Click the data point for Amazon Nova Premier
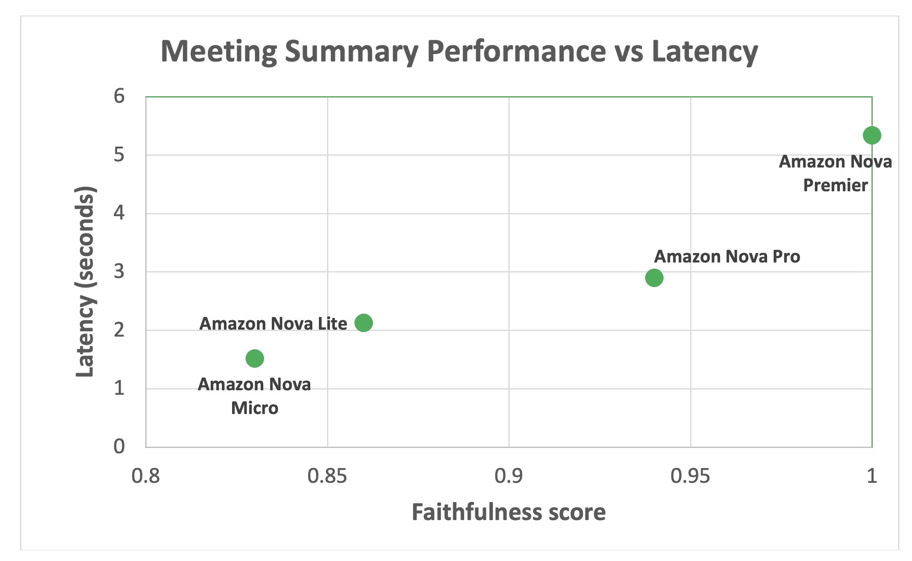[871, 136]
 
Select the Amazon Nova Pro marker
[654, 278]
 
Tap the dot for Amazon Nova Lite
[363, 323]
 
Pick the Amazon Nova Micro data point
[255, 359]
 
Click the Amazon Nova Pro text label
[727, 257]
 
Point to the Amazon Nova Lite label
[273, 324]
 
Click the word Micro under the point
[255, 408]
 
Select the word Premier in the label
[835, 185]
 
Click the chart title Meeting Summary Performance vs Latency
[459, 52]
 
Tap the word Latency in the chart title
[704, 52]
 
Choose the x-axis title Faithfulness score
[508, 512]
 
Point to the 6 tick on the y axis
[119, 97]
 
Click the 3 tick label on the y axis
[119, 271]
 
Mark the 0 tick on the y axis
[119, 446]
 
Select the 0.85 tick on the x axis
[327, 476]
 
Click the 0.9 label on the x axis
[508, 476]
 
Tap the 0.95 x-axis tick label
[690, 476]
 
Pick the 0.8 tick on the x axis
[146, 476]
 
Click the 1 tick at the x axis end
[871, 476]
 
